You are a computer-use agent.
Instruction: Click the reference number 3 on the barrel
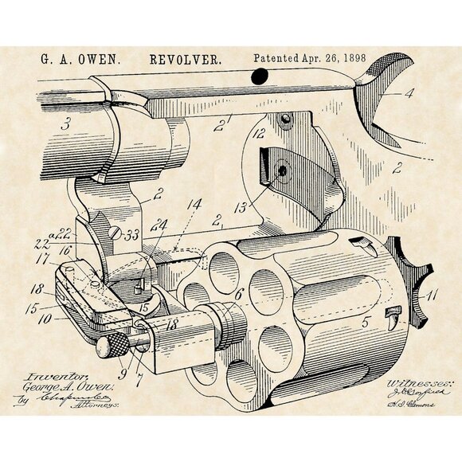click(x=65, y=123)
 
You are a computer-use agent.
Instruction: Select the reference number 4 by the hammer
click(x=409, y=93)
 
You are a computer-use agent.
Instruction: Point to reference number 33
click(x=131, y=235)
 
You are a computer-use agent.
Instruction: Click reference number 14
click(x=194, y=205)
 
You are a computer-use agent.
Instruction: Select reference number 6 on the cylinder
click(x=238, y=294)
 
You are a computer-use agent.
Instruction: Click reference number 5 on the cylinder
click(x=366, y=324)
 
